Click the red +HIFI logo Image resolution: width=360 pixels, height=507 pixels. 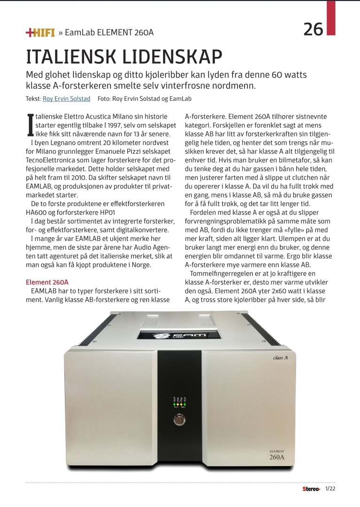[40, 32]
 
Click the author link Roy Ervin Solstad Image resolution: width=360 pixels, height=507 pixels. [66, 99]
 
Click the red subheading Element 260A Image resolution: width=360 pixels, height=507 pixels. [47, 282]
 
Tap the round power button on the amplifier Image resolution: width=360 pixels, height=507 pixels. [180, 419]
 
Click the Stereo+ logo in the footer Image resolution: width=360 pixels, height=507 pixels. [311, 489]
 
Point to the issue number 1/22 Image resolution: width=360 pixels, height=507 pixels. [330, 489]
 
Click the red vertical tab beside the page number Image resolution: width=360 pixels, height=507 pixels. [331, 17]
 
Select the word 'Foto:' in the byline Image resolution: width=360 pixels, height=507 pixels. [105, 99]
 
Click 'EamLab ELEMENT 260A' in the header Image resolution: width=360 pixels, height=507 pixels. [109, 32]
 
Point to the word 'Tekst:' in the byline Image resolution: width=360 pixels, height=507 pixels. [33, 99]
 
